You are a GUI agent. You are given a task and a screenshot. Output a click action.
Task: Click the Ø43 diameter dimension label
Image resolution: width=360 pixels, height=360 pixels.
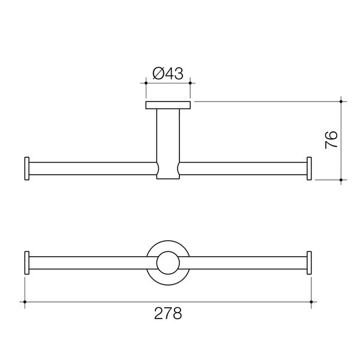click(x=168, y=74)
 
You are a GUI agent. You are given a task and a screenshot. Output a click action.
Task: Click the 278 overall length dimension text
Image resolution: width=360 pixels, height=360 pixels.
click(x=168, y=313)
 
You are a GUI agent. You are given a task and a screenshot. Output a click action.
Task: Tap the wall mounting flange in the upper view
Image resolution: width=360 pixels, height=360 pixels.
click(x=168, y=106)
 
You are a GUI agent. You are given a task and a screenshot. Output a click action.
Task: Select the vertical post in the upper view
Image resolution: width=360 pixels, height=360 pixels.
click(x=168, y=135)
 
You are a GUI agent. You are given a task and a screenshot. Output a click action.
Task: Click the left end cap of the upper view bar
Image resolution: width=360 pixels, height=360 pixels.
click(x=26, y=168)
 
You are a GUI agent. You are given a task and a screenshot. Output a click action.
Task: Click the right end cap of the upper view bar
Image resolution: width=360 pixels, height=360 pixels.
click(x=310, y=168)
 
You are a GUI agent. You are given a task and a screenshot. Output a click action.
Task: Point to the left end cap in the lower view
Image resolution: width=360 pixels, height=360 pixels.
click(x=26, y=262)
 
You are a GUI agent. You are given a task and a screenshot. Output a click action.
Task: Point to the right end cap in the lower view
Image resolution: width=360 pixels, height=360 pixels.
click(x=310, y=262)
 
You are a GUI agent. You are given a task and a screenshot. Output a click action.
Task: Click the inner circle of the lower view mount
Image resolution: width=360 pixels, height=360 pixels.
click(x=168, y=262)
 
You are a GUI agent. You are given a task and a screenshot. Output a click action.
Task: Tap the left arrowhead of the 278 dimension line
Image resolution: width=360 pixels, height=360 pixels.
click(x=25, y=301)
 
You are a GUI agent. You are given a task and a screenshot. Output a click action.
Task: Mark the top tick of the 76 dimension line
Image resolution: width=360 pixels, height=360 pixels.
click(x=341, y=101)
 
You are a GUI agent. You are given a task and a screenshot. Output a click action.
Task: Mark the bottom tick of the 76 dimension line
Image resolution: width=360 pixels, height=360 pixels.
click(x=341, y=179)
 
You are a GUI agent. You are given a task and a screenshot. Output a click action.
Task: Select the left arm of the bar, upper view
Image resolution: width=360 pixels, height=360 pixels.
click(x=90, y=168)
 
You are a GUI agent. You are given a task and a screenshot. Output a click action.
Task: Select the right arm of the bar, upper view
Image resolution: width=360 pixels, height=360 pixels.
click(x=243, y=168)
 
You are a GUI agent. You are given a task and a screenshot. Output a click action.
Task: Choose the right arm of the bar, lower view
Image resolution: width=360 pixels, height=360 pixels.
click(x=246, y=262)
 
